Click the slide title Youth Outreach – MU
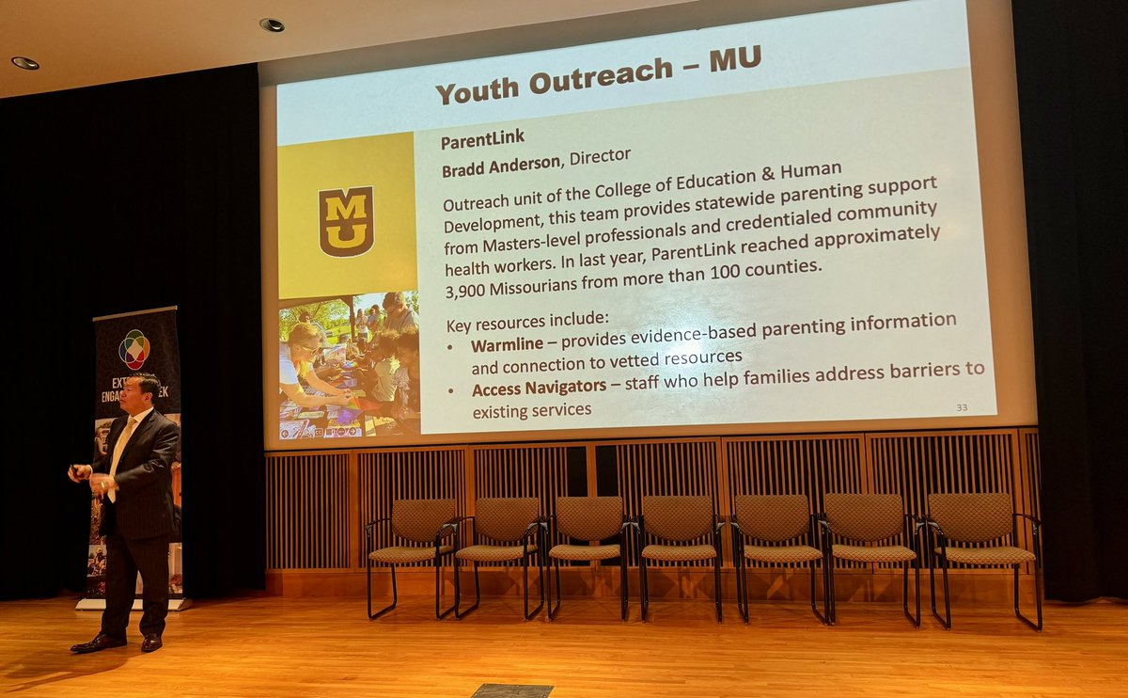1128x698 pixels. pyautogui.click(x=597, y=74)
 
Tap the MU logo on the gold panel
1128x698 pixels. pyautogui.click(x=346, y=221)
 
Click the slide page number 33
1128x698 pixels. pyautogui.click(x=961, y=407)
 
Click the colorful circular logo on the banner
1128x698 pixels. pyautogui.click(x=134, y=349)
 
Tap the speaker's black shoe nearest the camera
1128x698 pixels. pyautogui.click(x=98, y=643)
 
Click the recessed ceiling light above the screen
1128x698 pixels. pyautogui.click(x=272, y=24)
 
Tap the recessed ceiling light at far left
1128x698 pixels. pyautogui.click(x=25, y=63)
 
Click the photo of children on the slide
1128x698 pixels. pyautogui.click(x=349, y=364)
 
